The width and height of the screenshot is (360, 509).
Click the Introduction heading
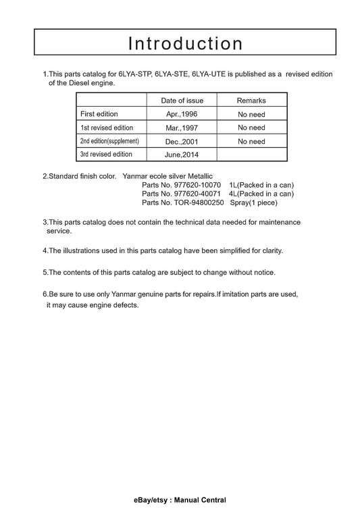coord(185,43)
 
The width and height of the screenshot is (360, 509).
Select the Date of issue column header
coord(182,101)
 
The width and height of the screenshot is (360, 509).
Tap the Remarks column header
coord(251,101)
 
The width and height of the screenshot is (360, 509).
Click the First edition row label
coord(100,114)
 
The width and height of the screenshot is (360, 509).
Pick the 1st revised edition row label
coord(107,128)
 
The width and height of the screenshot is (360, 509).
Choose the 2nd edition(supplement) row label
coord(109,141)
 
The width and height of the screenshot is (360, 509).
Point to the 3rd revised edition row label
coord(106,155)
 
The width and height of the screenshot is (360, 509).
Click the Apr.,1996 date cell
coord(182,114)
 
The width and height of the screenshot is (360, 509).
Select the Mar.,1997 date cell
coord(182,128)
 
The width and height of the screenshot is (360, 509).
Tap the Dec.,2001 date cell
coord(182,141)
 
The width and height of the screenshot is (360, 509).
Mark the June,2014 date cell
coord(182,155)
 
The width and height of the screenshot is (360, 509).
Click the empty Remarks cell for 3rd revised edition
coord(251,155)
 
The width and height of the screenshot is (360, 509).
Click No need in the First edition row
coord(251,114)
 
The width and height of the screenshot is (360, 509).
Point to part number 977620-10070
coord(197,185)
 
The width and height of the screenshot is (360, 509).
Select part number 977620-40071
coord(197,194)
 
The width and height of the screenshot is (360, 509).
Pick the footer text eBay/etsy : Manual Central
coord(180,500)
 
